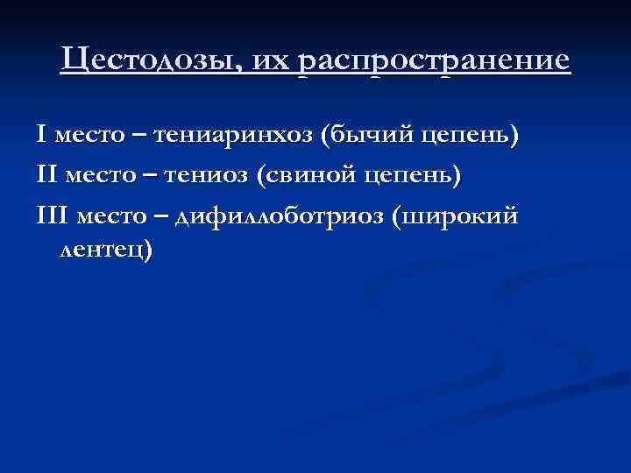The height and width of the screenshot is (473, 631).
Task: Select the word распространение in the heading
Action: tap(434, 63)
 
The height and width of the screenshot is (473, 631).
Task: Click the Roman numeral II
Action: tap(46, 175)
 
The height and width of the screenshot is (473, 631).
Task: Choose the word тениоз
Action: tap(210, 176)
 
